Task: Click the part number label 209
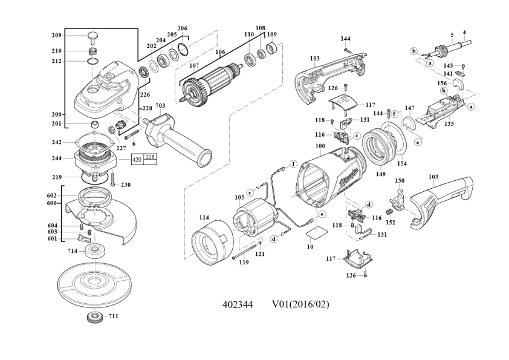(56, 36)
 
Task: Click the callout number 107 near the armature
(194, 66)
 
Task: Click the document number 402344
(238, 303)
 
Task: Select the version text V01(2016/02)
(300, 303)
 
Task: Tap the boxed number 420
(137, 160)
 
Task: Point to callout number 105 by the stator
(239, 197)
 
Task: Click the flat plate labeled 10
(314, 230)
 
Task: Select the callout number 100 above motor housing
(320, 146)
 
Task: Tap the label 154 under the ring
(401, 163)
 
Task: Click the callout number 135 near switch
(449, 123)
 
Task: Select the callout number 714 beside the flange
(73, 250)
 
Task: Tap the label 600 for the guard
(52, 204)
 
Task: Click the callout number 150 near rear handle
(399, 180)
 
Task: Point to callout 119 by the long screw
(244, 262)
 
